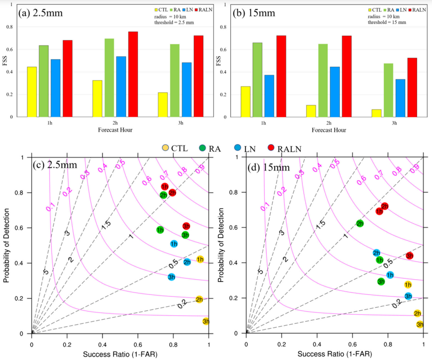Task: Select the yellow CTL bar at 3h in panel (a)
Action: pos(162,104)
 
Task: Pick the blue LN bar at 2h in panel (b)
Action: pos(334,92)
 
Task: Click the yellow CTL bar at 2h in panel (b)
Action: pos(311,111)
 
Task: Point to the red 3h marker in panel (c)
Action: pos(186,226)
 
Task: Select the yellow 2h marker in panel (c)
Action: pos(199,300)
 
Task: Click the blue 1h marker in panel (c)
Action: pos(174,244)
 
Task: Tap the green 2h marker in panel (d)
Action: pos(360,223)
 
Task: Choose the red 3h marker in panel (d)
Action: pos(409,256)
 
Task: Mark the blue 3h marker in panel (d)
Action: pos(408,296)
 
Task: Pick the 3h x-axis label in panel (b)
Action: pos(394,123)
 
